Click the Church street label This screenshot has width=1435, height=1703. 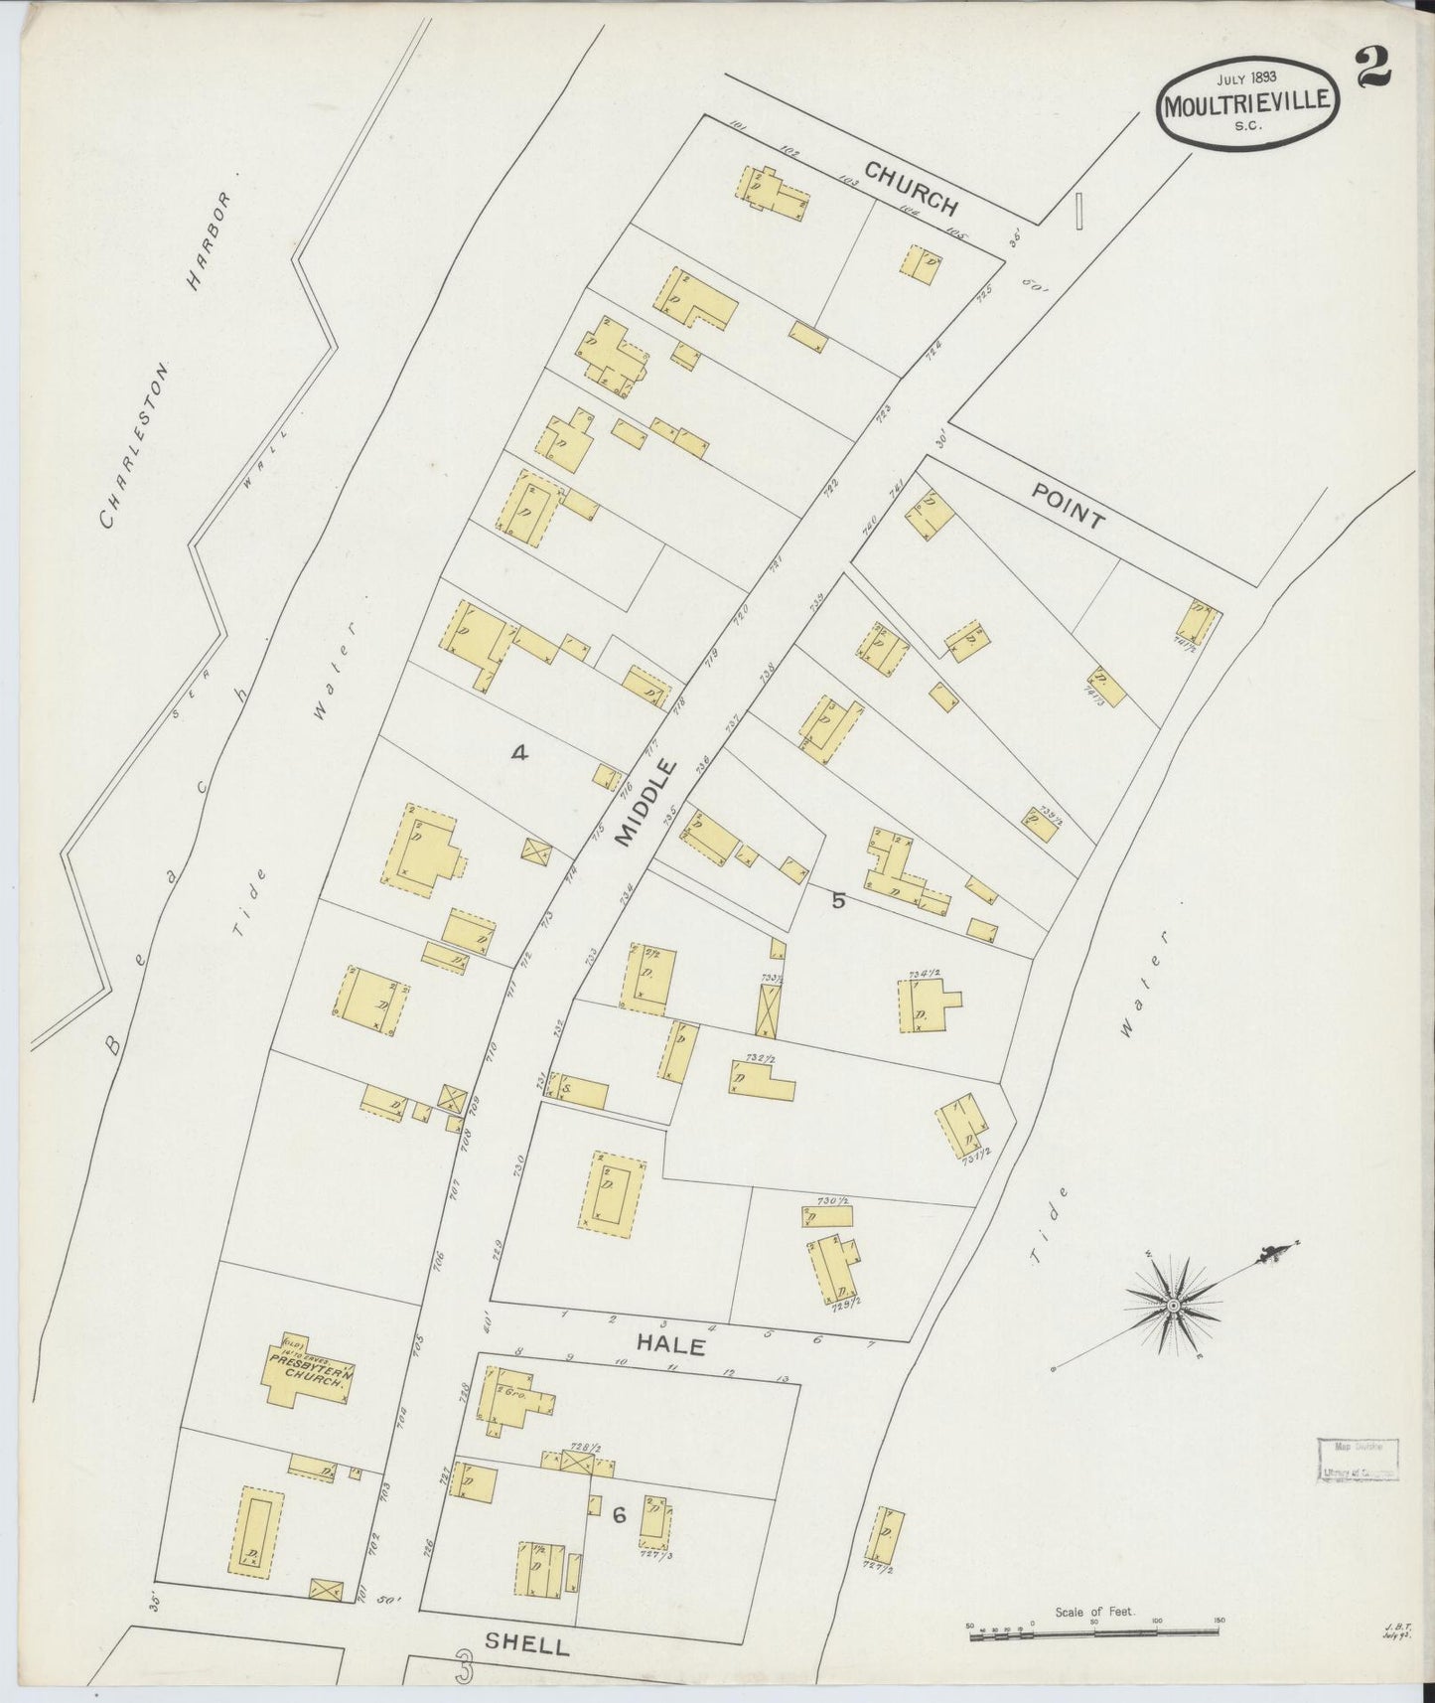(910, 188)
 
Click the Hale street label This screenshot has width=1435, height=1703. (671, 1347)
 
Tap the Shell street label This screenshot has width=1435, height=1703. (526, 1644)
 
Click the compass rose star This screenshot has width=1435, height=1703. (1174, 1304)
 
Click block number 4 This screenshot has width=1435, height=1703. (518, 753)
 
